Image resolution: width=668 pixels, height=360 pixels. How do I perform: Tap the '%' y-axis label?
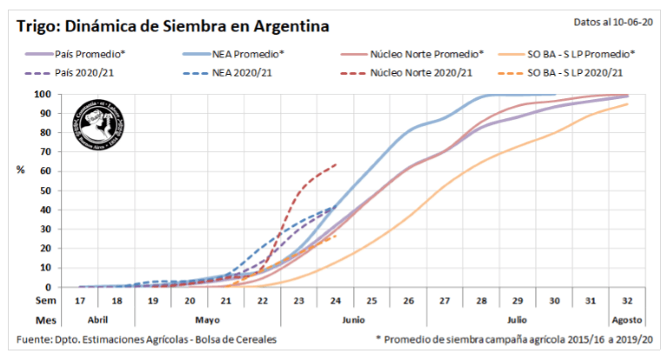(x=21, y=170)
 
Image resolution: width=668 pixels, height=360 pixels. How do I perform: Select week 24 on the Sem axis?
(x=335, y=301)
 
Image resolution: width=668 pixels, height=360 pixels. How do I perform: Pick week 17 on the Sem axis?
(x=80, y=301)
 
